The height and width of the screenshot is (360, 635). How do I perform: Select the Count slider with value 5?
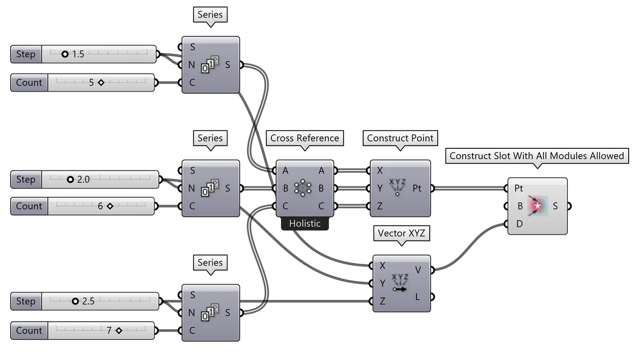coord(101,83)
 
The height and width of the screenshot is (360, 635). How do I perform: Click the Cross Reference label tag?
coord(304,138)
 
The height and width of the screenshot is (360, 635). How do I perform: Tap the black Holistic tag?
coord(304,223)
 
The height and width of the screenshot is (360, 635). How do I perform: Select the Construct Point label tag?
coord(400,138)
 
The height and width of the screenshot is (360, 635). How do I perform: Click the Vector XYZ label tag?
coord(402,233)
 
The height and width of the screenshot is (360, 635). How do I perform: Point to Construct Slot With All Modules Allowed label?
coord(537,156)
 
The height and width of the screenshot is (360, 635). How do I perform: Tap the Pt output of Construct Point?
coord(417,188)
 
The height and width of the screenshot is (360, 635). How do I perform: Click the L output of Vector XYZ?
coord(418,297)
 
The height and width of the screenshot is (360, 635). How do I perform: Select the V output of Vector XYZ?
coord(418,270)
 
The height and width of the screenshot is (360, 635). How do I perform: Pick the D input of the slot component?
coord(519,223)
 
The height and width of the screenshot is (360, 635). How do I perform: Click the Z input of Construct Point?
coord(379,206)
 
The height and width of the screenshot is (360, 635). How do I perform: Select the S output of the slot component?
coord(555,206)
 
